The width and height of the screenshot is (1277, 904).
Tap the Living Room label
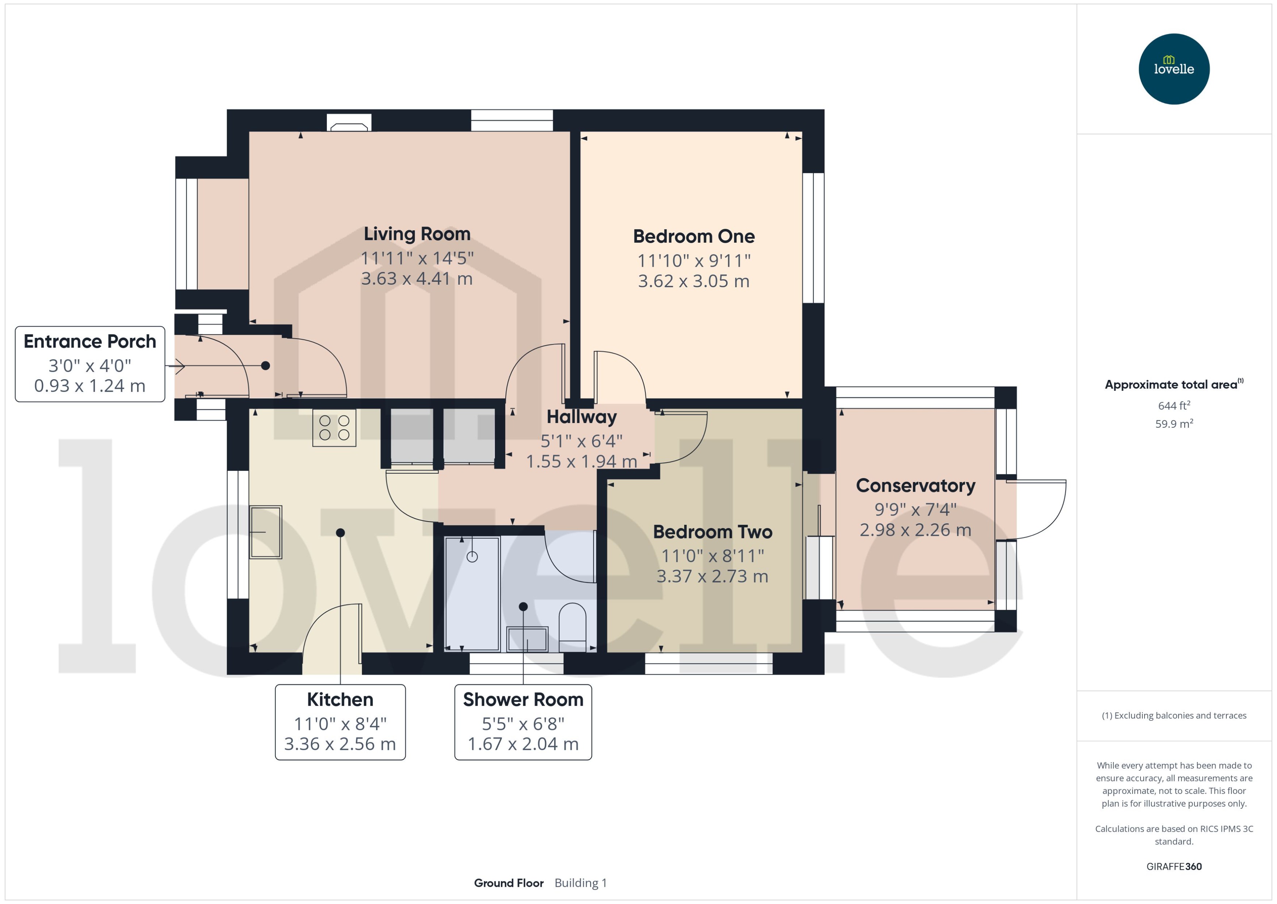point(417,234)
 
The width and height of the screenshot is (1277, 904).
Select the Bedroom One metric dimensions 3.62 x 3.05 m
point(693,281)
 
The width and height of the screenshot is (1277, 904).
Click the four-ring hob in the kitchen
point(334,428)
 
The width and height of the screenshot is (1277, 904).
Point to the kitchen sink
point(265,532)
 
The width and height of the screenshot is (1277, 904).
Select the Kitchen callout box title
point(340,700)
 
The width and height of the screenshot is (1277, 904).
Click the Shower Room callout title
point(523,700)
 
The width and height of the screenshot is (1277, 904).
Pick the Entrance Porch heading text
point(90,341)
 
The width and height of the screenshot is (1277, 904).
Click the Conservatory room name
point(915,485)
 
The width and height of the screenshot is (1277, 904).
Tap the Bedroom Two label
point(712,532)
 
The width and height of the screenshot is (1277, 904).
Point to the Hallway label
point(582,417)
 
